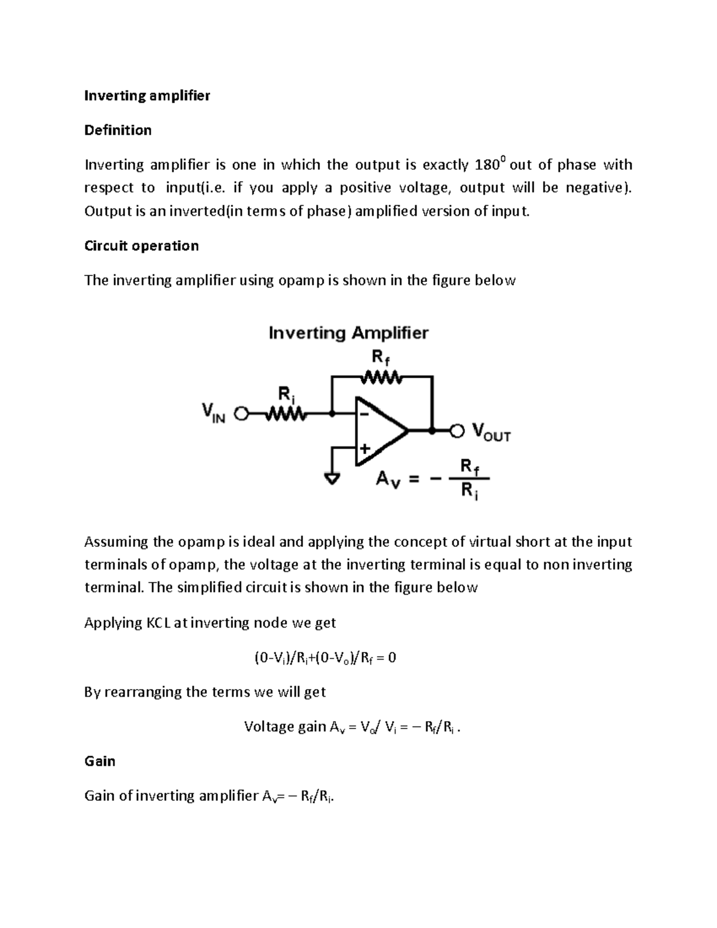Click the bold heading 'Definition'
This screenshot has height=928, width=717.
pos(118,130)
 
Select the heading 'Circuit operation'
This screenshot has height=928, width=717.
pos(141,246)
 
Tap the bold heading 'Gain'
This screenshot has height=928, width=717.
pos(100,761)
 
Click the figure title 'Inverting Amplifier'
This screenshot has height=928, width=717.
pos(348,333)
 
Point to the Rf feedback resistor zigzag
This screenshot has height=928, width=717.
pos(382,378)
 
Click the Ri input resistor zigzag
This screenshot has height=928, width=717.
pos(285,414)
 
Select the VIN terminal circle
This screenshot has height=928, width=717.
pos(241,414)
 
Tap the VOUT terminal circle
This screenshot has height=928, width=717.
pos(456,430)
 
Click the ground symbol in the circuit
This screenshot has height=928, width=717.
pos(332,478)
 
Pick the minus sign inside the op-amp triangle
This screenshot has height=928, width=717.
pos(363,412)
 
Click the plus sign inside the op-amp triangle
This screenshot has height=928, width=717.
pos(364,448)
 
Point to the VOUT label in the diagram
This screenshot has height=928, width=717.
pos(491,432)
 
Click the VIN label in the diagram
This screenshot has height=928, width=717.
pos(213,413)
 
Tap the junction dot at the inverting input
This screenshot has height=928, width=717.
pos(332,413)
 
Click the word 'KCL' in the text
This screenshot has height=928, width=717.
pos(158,623)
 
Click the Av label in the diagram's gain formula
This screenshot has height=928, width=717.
pos(386,479)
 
